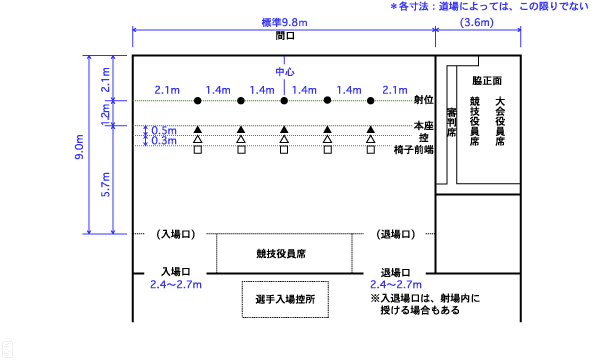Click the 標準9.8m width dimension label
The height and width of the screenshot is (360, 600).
(285, 22)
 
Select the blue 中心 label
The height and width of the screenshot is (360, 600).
(285, 72)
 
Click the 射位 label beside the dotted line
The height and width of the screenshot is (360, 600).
(422, 101)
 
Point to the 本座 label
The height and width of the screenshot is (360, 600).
(422, 126)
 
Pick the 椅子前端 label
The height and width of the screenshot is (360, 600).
(413, 149)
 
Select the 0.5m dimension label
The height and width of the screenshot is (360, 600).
(164, 131)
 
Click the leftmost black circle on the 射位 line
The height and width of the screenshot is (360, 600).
(198, 102)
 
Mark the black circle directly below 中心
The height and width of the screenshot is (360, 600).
(285, 102)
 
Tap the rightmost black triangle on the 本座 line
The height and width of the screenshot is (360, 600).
(371, 128)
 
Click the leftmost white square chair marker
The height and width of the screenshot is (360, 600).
(198, 150)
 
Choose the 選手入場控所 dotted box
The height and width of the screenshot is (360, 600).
(285, 299)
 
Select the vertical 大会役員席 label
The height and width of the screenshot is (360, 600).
(499, 121)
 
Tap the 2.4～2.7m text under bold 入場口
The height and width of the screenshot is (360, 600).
(176, 285)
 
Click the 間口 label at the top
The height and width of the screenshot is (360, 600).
(285, 36)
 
